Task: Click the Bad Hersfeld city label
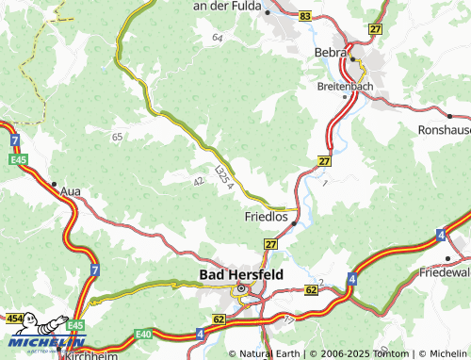pos(240,274)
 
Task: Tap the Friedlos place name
pos(266,216)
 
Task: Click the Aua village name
pos(70,191)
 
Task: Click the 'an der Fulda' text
pos(227,6)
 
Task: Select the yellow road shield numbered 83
pos(303,16)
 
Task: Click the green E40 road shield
pos(143,334)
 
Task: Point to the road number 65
pos(118,138)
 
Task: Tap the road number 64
pos(218,38)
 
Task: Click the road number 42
pos(198,180)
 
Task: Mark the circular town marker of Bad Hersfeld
pos(240,289)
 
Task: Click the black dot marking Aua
pos(55,184)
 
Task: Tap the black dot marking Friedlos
pos(294,223)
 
